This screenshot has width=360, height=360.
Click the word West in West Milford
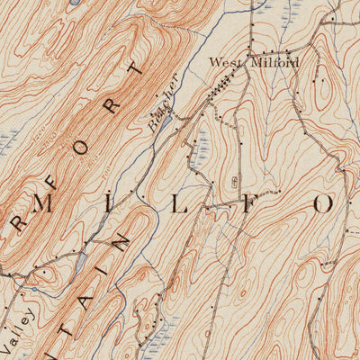coord(225,62)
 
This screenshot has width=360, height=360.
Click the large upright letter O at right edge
coord(323,202)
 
